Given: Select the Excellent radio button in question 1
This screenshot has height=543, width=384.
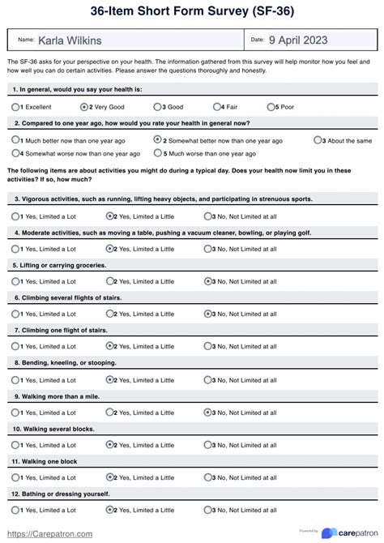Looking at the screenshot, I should pos(16,107).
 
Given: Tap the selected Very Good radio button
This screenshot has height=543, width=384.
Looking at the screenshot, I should pos(84,107).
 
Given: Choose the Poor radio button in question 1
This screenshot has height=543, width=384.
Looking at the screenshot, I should pos(272,107).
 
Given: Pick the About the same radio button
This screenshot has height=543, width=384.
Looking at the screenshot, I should pos(318,140).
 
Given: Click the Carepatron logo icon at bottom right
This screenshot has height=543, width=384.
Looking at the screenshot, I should pos(330,532).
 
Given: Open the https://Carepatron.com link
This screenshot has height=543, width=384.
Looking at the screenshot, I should pos(49,534).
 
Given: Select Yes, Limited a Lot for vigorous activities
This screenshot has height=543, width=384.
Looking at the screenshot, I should pos(16,216).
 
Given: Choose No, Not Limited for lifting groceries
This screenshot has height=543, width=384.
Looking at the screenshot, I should pos(208,281).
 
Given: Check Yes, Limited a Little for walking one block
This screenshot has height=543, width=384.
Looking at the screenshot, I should pos(110,477).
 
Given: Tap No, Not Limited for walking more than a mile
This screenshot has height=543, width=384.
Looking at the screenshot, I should pos(208,412).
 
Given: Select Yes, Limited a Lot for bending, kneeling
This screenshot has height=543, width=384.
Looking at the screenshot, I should pos(16,379).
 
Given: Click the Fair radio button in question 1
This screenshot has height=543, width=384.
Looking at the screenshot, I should pos(217,107).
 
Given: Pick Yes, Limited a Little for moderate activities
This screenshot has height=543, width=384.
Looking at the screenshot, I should pos(110,249).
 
